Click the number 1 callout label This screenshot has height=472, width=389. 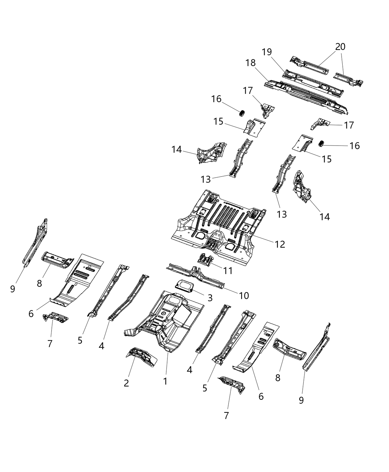point(165,381)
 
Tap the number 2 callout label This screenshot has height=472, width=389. point(126,383)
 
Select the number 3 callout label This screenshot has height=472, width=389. point(210,298)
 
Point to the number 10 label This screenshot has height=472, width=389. point(244,295)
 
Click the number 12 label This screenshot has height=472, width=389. point(280,244)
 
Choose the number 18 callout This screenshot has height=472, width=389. point(250,63)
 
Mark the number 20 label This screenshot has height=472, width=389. point(340,47)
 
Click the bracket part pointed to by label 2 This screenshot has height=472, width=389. point(142,356)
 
